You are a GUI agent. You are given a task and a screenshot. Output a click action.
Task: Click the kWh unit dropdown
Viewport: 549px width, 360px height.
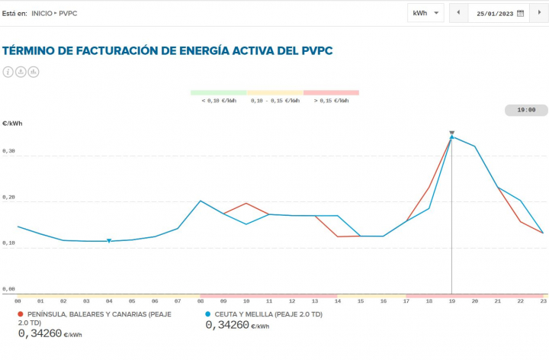click(425, 13)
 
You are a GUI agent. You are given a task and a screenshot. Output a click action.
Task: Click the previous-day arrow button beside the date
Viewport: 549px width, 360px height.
click(458, 13)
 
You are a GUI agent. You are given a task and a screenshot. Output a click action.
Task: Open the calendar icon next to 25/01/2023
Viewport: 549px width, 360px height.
click(521, 13)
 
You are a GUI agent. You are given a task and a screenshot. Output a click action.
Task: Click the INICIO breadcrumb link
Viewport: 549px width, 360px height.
click(42, 13)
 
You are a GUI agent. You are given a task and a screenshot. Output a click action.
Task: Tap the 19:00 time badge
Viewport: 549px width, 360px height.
click(526, 110)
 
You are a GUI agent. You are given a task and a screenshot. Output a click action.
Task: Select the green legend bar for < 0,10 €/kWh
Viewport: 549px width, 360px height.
click(218, 92)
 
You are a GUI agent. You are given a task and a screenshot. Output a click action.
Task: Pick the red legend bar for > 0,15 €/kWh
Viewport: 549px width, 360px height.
click(331, 92)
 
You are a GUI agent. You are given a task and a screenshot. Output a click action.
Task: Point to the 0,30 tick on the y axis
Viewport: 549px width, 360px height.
click(9, 151)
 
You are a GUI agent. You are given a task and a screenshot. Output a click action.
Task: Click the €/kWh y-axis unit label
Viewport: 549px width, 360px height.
click(11, 123)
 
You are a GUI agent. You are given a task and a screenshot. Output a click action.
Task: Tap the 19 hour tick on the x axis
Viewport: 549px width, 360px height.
click(451, 302)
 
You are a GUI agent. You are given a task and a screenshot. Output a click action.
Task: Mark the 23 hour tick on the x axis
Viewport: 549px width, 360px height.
click(543, 302)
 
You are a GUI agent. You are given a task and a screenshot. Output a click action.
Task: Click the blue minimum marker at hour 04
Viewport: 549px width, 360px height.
click(109, 241)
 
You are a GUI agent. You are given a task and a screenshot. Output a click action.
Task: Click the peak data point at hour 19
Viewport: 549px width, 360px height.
click(451, 137)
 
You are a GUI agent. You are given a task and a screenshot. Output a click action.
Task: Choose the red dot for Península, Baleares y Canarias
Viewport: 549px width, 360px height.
click(20, 314)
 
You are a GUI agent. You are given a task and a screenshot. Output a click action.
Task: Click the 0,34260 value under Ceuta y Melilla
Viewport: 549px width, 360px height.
click(226, 325)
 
